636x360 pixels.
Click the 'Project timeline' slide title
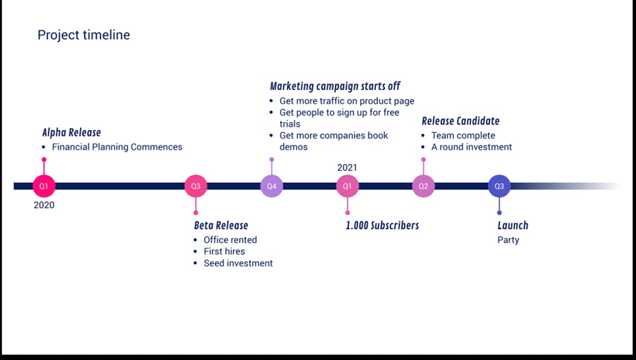84,35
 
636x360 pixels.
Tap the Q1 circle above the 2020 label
44,186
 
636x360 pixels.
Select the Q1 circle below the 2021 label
347,186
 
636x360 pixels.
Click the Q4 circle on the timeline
271,186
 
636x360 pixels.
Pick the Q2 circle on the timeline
423,186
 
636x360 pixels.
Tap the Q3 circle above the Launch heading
499,186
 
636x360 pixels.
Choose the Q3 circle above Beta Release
196,186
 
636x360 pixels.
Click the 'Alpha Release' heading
72,132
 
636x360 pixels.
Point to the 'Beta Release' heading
221,225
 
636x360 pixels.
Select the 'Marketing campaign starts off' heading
335,86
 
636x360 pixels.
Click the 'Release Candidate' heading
461,121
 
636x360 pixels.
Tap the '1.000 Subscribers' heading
382,225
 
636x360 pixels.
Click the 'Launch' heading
513,225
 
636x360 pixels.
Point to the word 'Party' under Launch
508,240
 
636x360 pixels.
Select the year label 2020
44,205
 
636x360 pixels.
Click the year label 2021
347,168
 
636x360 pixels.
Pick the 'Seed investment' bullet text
238,263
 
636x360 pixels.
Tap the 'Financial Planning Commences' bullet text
117,147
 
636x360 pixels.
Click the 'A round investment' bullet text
472,147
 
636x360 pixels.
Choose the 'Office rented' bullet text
230,240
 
